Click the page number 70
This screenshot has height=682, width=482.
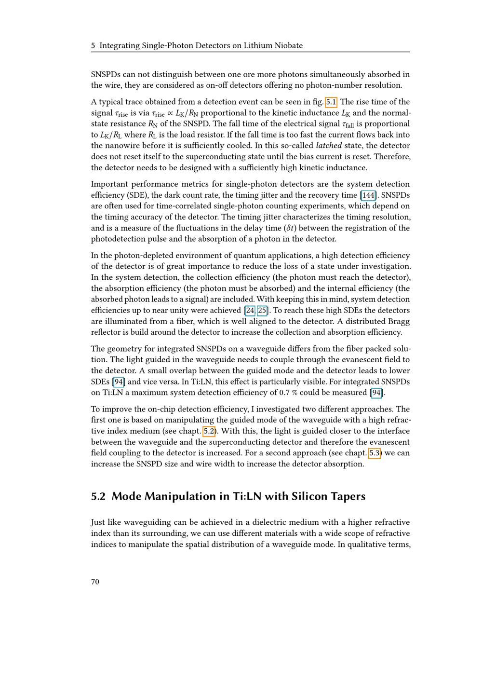tap(95, 582)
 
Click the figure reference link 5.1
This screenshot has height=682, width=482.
tap(331, 102)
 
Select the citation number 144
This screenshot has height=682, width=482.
tap(368, 195)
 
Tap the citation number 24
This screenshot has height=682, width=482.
tap(250, 311)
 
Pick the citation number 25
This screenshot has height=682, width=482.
tap(262, 311)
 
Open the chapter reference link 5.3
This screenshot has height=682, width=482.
tap(375, 453)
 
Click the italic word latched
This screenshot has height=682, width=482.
tap(329, 146)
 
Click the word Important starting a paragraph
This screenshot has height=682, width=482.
tap(110, 184)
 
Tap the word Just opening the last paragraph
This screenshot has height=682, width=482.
tap(99, 522)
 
